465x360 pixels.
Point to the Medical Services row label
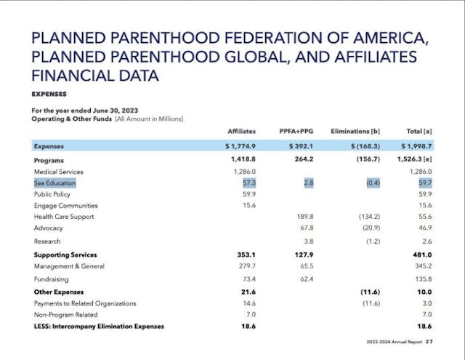point(59,172)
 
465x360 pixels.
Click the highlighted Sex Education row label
point(54,183)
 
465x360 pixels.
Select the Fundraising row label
point(51,278)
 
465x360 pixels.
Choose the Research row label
point(47,241)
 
